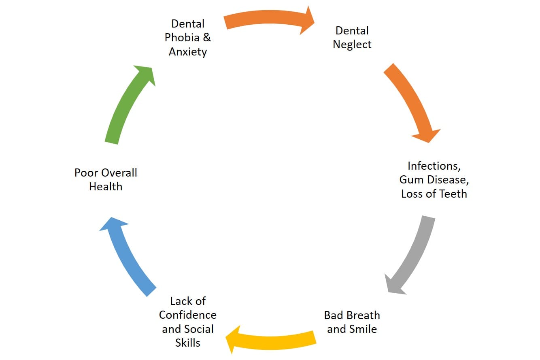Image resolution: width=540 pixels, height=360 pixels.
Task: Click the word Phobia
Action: tap(182, 38)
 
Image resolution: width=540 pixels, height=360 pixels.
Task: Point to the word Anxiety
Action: tap(188, 52)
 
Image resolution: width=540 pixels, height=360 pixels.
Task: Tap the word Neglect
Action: tap(352, 45)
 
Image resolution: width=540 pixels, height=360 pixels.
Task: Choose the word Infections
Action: tap(434, 166)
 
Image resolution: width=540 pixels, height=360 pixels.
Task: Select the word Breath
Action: tap(362, 315)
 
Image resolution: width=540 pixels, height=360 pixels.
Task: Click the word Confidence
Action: tap(188, 315)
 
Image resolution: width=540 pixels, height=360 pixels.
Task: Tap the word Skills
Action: tap(188, 343)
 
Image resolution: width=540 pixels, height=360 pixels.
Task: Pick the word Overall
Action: tap(119, 173)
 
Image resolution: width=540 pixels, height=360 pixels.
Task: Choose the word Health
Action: tap(106, 187)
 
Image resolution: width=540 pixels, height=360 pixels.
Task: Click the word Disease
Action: tap(447, 180)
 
